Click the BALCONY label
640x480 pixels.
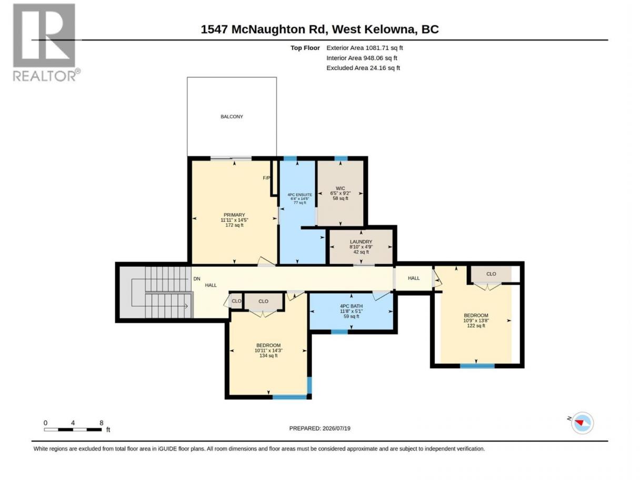232,116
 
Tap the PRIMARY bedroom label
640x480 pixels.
234,215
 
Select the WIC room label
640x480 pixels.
341,188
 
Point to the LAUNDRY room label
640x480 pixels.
361,242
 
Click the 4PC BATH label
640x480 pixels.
352,306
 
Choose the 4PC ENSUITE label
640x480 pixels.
299,195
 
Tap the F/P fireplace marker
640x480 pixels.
266,178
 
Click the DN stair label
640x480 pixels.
197,278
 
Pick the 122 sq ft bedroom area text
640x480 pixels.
476,326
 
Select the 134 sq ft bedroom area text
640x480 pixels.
268,356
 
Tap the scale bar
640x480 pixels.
73,429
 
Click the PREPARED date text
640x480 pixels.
320,428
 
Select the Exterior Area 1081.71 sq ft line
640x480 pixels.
364,48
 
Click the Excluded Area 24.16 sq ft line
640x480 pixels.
363,68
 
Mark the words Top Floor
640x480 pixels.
305,48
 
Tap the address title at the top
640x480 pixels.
320,29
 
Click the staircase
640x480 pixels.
155,292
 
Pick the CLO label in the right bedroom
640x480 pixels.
491,274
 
